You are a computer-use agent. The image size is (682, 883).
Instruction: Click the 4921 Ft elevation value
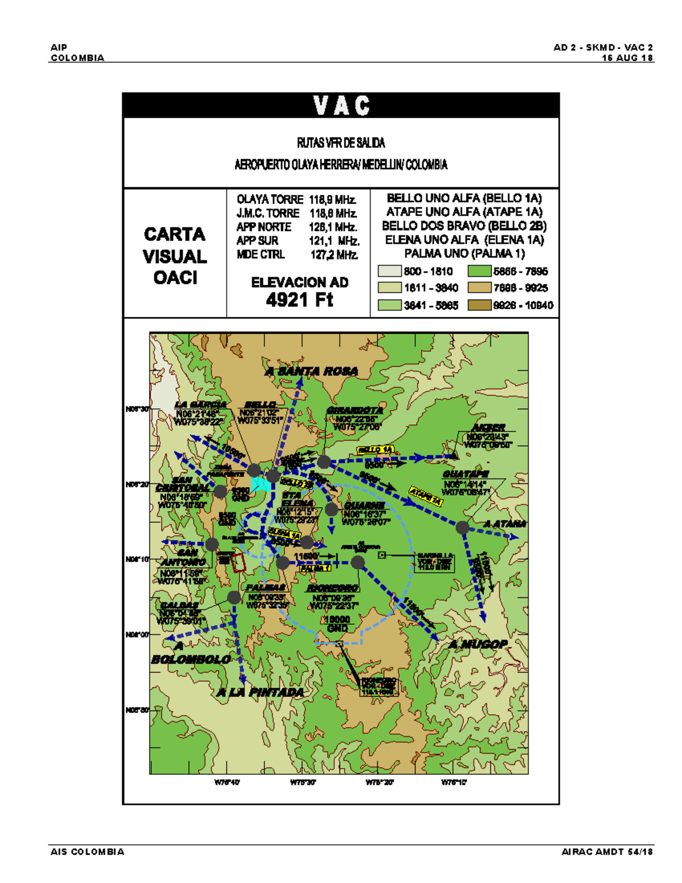pyautogui.click(x=300, y=300)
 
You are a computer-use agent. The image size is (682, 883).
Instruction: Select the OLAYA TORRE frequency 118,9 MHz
pyautogui.click(x=333, y=200)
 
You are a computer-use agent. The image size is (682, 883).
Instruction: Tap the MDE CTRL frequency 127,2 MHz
pyautogui.click(x=334, y=255)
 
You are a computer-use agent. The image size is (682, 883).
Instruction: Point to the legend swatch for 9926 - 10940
pyautogui.click(x=479, y=305)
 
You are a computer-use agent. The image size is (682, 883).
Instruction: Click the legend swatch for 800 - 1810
pyautogui.click(x=390, y=271)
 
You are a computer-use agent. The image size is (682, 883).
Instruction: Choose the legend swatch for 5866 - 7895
pyautogui.click(x=479, y=271)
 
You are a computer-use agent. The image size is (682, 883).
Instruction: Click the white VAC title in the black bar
pyautogui.click(x=341, y=106)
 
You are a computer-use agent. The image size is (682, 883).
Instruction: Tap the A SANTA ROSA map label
pyautogui.click(x=312, y=371)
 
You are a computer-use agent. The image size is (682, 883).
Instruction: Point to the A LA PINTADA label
pyautogui.click(x=260, y=692)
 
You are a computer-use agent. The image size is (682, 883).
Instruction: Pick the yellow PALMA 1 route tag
pyautogui.click(x=315, y=568)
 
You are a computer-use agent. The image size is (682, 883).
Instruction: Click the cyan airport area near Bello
pyautogui.click(x=260, y=484)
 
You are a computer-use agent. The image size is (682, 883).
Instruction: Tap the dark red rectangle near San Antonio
pyautogui.click(x=239, y=562)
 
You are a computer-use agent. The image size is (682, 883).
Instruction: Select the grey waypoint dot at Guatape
pyautogui.click(x=463, y=527)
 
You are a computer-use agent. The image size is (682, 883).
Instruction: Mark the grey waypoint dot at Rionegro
pyautogui.click(x=357, y=562)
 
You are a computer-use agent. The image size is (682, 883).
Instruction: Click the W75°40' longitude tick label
pyautogui.click(x=227, y=782)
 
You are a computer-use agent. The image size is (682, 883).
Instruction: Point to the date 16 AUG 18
pyautogui.click(x=627, y=58)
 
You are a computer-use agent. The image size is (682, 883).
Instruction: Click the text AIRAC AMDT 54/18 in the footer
pyautogui.click(x=607, y=852)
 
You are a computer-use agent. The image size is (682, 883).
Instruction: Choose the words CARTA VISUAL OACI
pyautogui.click(x=175, y=256)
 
